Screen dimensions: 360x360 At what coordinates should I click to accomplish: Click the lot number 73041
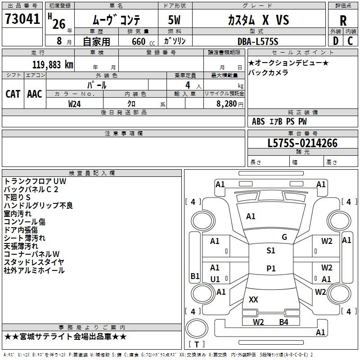pyautogui.click(x=22, y=18)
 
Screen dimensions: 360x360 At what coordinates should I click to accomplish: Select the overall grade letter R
pyautogui.click(x=343, y=21)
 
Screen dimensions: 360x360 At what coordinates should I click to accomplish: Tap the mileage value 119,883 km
pyautogui.click(x=53, y=65)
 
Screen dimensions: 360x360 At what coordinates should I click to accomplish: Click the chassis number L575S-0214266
pyautogui.click(x=302, y=143)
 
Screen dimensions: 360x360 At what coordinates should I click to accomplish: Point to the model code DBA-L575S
pyautogui.click(x=258, y=41)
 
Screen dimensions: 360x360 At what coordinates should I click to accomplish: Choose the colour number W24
pyautogui.click(x=74, y=104)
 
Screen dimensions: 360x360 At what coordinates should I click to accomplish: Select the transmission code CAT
pyautogui.click(x=13, y=94)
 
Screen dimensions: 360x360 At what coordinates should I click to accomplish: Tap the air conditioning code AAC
pyautogui.click(x=35, y=94)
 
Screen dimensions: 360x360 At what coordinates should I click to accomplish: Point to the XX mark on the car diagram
pyautogui.click(x=253, y=299)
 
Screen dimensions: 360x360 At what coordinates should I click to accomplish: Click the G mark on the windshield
pyautogui.click(x=284, y=237)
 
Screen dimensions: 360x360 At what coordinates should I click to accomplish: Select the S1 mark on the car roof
pyautogui.click(x=271, y=251)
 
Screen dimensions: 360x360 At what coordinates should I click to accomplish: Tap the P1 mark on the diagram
pyautogui.click(x=271, y=268)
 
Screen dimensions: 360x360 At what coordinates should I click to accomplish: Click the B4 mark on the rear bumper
pyautogui.click(x=284, y=322)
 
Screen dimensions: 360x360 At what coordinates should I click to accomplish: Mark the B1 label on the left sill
pyautogui.click(x=195, y=276)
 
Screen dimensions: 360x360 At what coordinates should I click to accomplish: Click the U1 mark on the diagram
pyautogui.click(x=215, y=279)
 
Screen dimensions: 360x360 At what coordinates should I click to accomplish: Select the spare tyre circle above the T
pyautogui.click(x=197, y=328)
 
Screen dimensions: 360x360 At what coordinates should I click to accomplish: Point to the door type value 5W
pyautogui.click(x=175, y=20)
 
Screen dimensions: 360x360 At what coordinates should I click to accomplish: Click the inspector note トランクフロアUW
pyautogui.click(x=35, y=181)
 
